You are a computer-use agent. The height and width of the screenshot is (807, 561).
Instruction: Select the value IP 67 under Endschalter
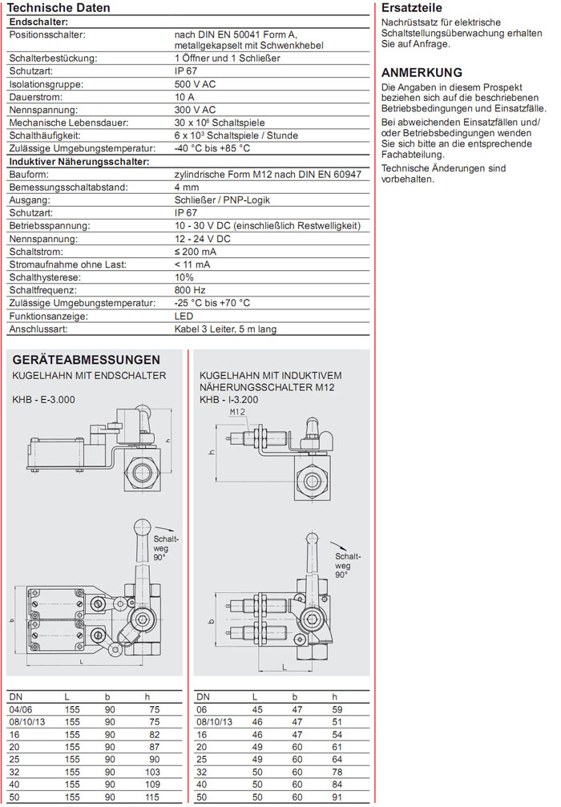click(x=185, y=71)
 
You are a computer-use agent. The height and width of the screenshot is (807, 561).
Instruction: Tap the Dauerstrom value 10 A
click(x=184, y=97)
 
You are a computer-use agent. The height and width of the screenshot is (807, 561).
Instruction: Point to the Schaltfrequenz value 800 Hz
click(x=190, y=290)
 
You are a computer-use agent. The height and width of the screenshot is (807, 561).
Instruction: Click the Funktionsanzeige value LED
click(x=184, y=316)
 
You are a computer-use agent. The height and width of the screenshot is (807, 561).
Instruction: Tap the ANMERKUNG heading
click(x=422, y=72)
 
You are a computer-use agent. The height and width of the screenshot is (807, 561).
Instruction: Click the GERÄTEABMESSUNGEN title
click(x=86, y=360)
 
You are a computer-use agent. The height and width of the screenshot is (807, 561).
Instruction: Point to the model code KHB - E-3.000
click(x=43, y=399)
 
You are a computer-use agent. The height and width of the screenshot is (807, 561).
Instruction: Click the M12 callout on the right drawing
click(x=237, y=412)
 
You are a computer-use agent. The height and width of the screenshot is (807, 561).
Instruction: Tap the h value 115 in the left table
click(x=154, y=797)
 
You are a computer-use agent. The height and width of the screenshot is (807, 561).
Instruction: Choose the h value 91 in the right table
click(x=337, y=797)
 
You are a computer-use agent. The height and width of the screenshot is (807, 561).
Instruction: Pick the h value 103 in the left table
click(x=154, y=772)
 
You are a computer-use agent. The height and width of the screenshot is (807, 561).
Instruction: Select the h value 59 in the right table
click(x=337, y=709)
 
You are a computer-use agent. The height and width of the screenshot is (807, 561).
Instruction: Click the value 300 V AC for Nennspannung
click(x=195, y=110)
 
